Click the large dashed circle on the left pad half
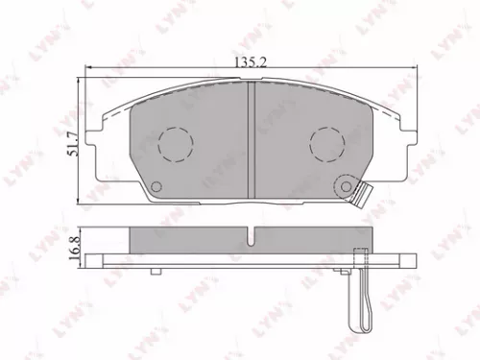pos(176,144)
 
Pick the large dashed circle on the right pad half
pos(327,144)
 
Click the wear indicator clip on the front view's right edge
pos(364,194)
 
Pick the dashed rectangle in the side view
pos(361,256)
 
